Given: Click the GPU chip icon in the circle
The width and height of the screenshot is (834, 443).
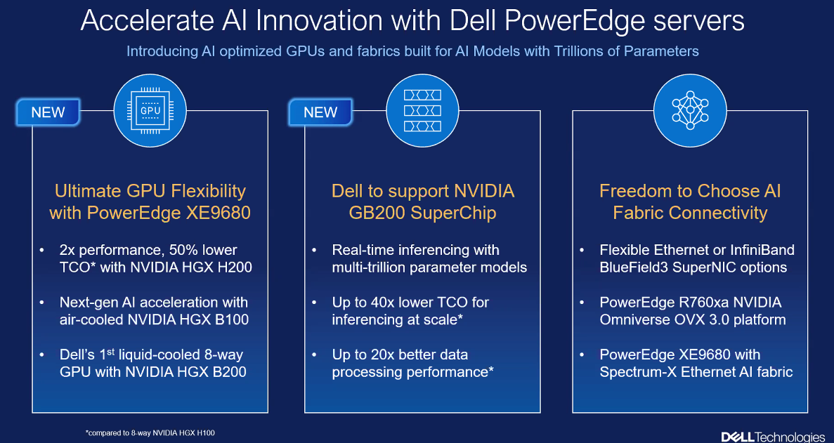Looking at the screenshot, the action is pyautogui.click(x=150, y=111).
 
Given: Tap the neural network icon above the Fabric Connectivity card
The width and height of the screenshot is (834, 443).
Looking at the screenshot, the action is pyautogui.click(x=690, y=110).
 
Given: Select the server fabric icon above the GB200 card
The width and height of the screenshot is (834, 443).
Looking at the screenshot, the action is pyautogui.click(x=422, y=110).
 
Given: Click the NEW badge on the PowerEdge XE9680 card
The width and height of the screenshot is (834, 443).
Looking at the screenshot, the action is pyautogui.click(x=48, y=112).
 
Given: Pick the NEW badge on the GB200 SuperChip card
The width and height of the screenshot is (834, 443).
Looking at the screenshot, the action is pyautogui.click(x=320, y=112).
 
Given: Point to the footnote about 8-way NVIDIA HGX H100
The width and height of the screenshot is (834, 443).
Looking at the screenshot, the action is pyautogui.click(x=150, y=433).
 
